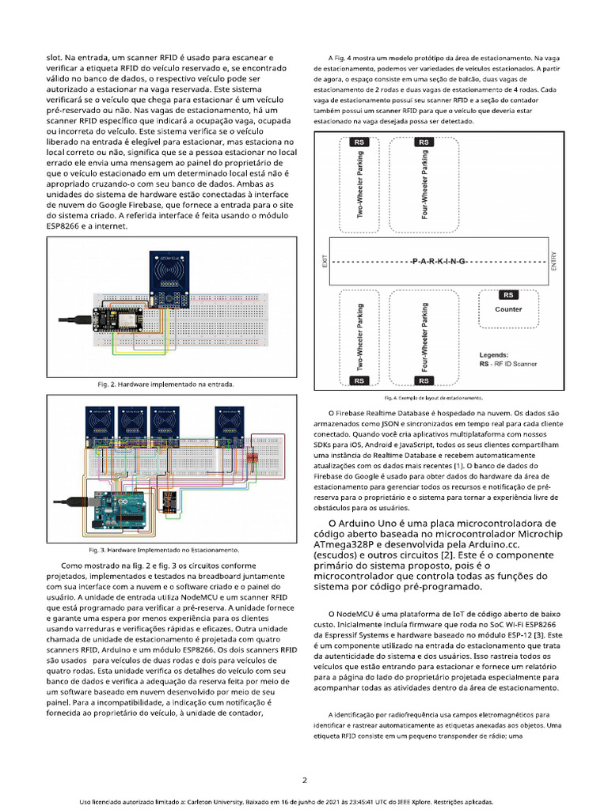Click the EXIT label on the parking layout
325,261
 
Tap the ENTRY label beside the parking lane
542,261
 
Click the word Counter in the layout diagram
508,309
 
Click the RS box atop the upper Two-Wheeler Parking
360,142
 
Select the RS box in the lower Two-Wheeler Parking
360,380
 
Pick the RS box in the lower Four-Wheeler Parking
423,380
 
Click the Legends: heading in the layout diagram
494,355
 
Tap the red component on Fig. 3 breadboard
253,457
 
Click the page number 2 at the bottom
304,780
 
